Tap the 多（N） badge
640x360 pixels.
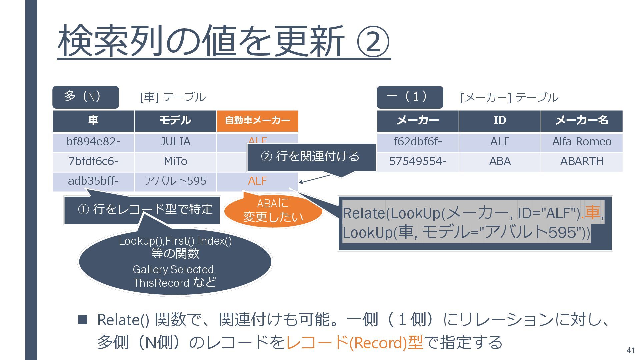(x=85, y=97)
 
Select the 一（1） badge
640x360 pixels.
(x=410, y=97)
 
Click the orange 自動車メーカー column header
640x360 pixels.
(x=257, y=121)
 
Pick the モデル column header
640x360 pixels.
(x=175, y=121)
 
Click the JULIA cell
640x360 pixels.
(x=175, y=142)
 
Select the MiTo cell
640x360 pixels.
(x=175, y=162)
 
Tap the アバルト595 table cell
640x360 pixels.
(x=175, y=181)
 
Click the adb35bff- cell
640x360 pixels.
(x=93, y=181)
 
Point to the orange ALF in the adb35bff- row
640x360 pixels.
(x=257, y=181)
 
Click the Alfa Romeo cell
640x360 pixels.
(x=582, y=142)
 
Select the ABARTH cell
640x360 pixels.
(x=582, y=162)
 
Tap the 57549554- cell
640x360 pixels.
(x=418, y=162)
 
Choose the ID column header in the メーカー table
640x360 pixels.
(x=499, y=121)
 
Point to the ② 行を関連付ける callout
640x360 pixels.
(x=311, y=157)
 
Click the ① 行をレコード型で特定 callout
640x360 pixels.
(x=145, y=210)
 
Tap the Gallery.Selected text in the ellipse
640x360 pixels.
(x=174, y=270)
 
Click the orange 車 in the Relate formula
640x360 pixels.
(x=592, y=212)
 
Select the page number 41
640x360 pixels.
(x=630, y=350)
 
